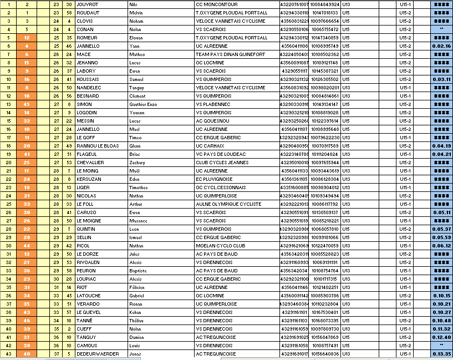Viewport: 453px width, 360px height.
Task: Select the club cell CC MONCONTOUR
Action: tap(216, 4)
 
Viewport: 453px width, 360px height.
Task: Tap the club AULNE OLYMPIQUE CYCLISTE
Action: tap(228, 204)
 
